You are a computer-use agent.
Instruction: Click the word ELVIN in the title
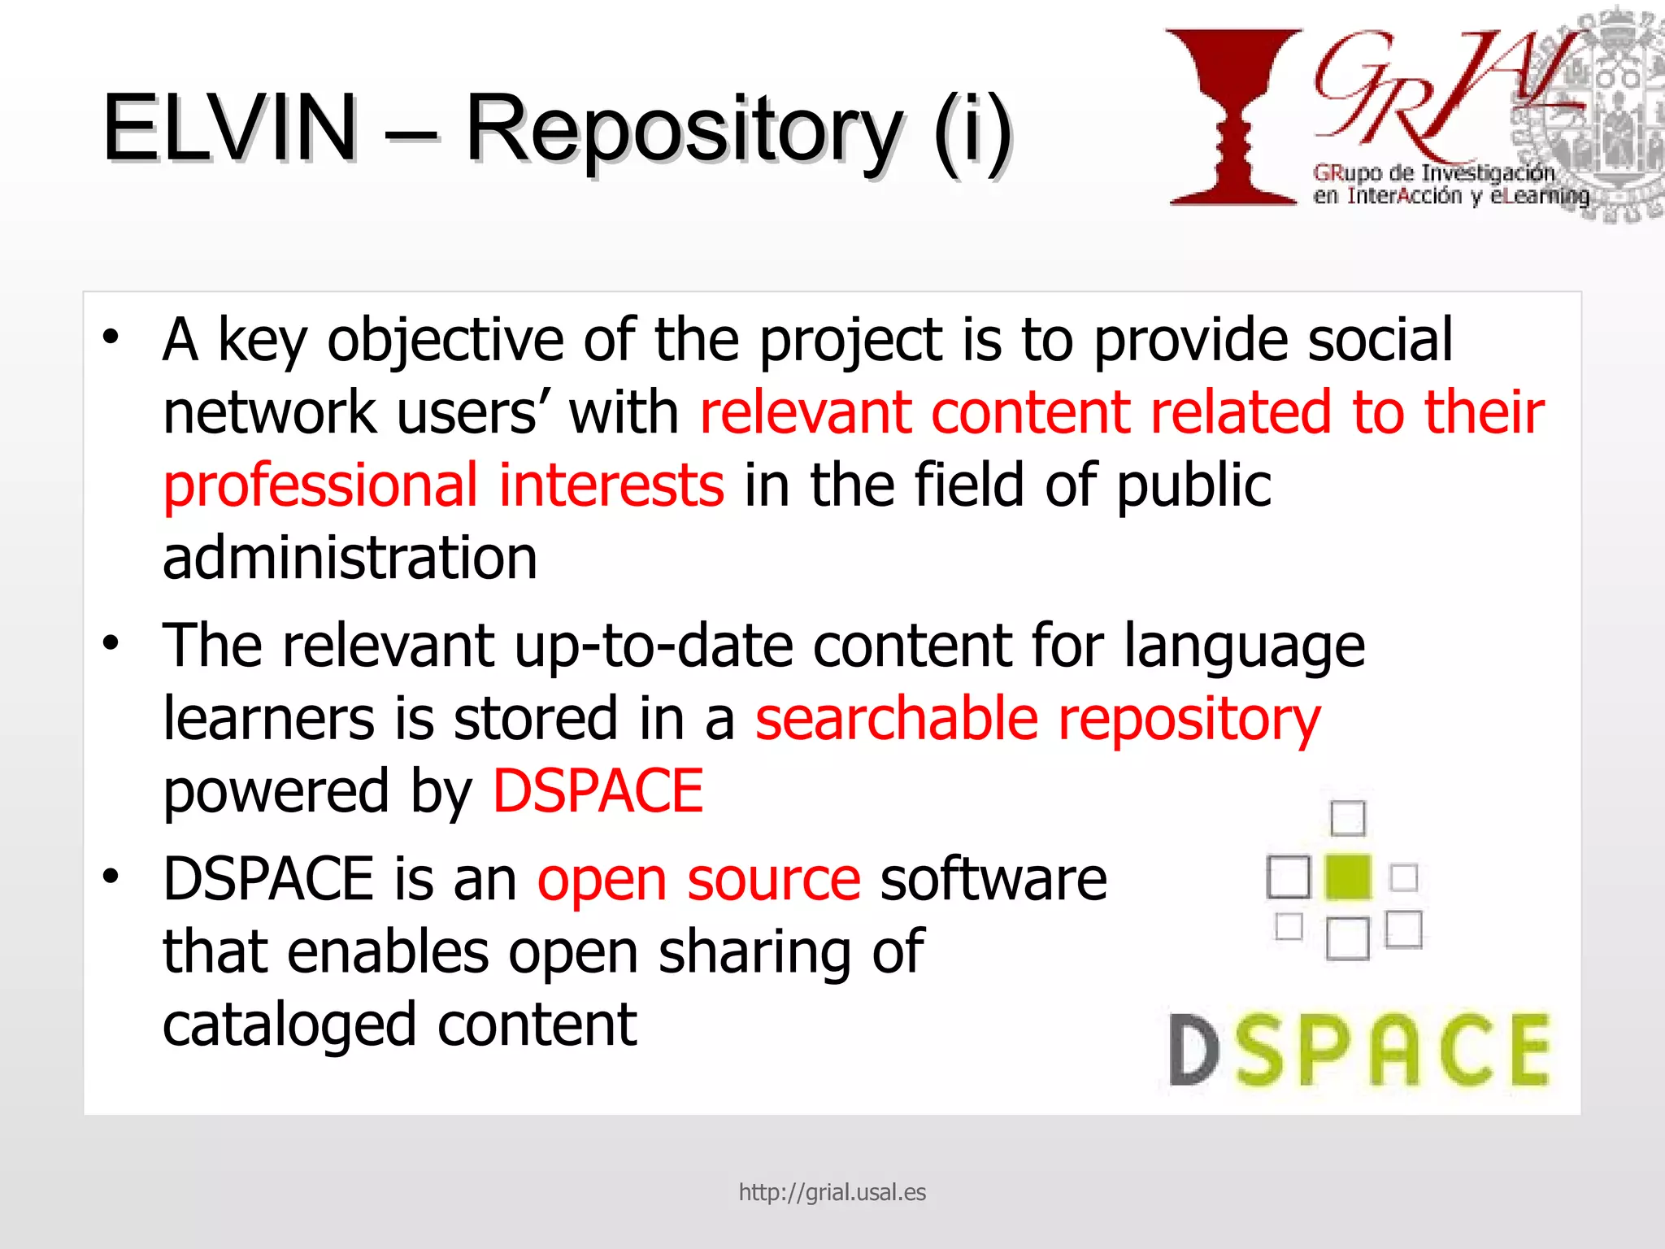click(x=230, y=128)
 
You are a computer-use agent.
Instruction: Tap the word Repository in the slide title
click(x=683, y=130)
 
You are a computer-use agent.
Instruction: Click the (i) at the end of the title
click(x=972, y=130)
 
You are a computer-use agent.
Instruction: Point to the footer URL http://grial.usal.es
click(x=832, y=1192)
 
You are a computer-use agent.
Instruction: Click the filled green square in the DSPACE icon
click(x=1347, y=877)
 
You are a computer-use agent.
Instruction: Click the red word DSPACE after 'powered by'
click(x=598, y=791)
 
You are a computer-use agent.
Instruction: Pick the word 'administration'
click(x=350, y=558)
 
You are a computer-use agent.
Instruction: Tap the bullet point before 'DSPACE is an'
click(x=111, y=876)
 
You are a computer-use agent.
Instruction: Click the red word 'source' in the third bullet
click(x=773, y=881)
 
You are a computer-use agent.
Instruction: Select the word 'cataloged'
click(x=289, y=1025)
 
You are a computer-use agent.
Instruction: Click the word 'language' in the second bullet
click(x=1244, y=647)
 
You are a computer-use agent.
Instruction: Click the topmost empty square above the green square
click(x=1347, y=818)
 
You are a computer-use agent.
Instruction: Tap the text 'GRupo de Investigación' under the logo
click(x=1433, y=173)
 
